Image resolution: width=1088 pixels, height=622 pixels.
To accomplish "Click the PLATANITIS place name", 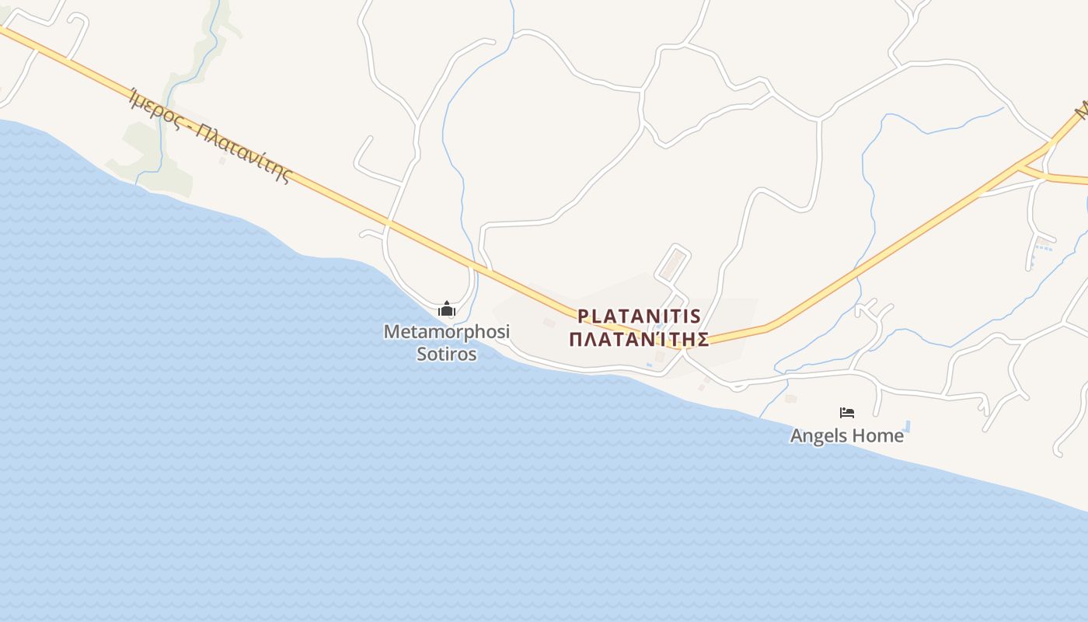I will pyautogui.click(x=639, y=316).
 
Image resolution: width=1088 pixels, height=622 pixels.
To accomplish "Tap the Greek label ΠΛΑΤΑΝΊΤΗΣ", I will pyautogui.click(x=639, y=340).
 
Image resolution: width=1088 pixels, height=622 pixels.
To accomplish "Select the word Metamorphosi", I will pyautogui.click(x=446, y=332).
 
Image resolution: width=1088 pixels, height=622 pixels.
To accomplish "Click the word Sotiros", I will pyautogui.click(x=446, y=354).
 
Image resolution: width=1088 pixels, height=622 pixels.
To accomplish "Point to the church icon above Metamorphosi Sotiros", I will pyautogui.click(x=446, y=309).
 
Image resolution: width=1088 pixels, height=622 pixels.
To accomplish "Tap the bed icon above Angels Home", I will pyautogui.click(x=847, y=413).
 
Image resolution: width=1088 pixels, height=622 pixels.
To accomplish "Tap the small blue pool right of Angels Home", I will pyautogui.click(x=908, y=426).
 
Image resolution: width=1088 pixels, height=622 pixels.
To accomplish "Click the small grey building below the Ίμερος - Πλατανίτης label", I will pyautogui.click(x=222, y=161).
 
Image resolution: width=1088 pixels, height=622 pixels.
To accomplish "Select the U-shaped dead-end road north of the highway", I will pyautogui.click(x=365, y=159).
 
